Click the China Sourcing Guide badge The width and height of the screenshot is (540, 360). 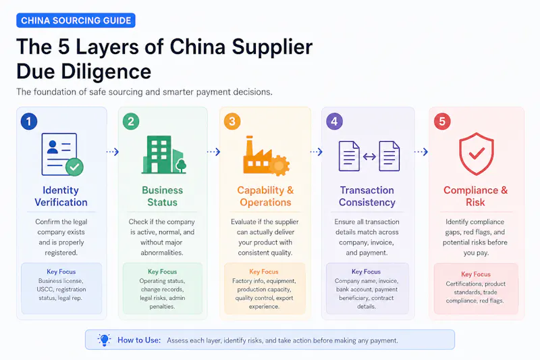point(76,20)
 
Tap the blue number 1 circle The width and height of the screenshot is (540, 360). point(29,122)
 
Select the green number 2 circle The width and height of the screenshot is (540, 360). point(131,122)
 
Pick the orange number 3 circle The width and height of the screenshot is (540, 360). point(232,122)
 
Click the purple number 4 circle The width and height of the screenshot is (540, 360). point(334,122)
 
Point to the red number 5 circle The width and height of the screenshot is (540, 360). point(442,122)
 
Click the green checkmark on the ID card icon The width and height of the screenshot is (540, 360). point(74,167)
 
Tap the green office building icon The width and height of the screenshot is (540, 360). point(164,155)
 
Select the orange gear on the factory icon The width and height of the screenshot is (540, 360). point(279,165)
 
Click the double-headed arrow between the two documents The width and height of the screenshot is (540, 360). point(369,157)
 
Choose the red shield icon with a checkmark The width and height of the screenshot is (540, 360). point(477,153)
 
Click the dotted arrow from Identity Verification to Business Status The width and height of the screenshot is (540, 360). point(113,151)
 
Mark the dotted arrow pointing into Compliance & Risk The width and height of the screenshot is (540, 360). point(421,151)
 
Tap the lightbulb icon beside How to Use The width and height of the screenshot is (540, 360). point(104,340)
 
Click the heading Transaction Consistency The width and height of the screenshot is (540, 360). point(367,196)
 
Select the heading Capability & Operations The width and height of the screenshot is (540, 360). point(265,196)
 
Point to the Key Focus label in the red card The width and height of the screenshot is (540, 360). point(476,274)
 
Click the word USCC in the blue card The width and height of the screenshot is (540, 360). point(45,289)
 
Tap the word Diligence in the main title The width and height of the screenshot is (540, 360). point(106,72)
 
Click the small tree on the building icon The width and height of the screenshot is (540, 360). point(181,165)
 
